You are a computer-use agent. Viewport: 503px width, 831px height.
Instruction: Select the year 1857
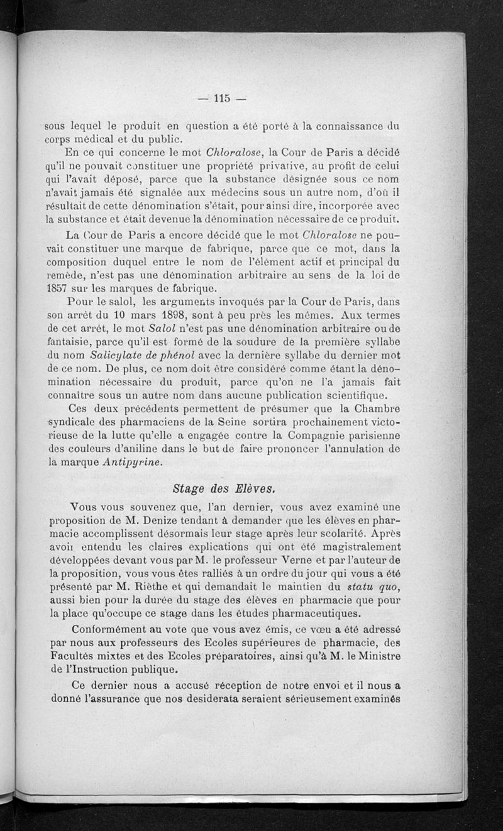click(x=57, y=289)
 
